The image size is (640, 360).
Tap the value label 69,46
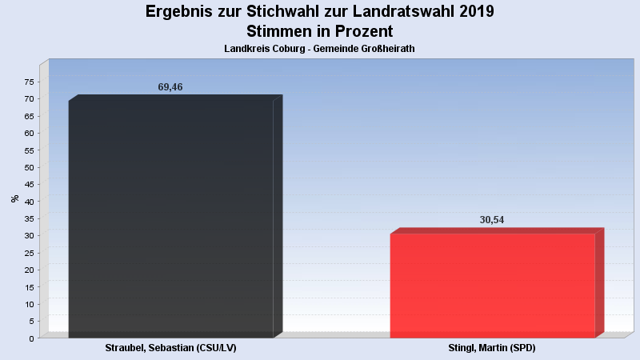[170, 87]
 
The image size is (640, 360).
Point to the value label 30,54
[492, 220]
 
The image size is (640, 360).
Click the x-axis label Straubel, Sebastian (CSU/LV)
[171, 349]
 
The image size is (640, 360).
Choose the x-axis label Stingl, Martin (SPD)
[492, 349]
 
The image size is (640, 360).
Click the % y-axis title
[15, 198]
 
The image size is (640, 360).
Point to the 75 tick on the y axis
[29, 82]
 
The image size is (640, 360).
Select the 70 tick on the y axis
[29, 99]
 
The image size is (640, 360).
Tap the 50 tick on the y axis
[29, 167]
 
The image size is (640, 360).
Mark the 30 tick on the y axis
[29, 236]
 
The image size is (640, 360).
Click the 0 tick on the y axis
[31, 338]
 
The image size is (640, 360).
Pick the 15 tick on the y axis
[29, 287]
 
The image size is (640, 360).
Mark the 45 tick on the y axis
[29, 185]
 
